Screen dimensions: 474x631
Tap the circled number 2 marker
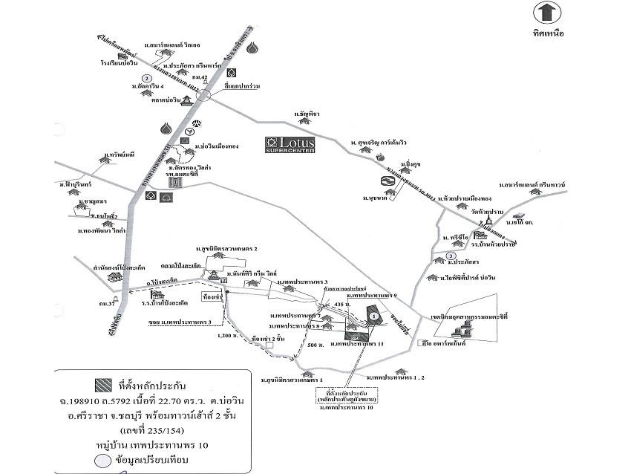click(148, 77)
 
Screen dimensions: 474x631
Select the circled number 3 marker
click(451, 257)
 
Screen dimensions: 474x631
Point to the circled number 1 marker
click(374, 315)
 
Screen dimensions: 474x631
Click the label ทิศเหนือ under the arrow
click(548, 35)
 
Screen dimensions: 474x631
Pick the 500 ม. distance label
click(314, 345)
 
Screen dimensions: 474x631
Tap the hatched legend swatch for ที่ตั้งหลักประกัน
click(102, 385)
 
